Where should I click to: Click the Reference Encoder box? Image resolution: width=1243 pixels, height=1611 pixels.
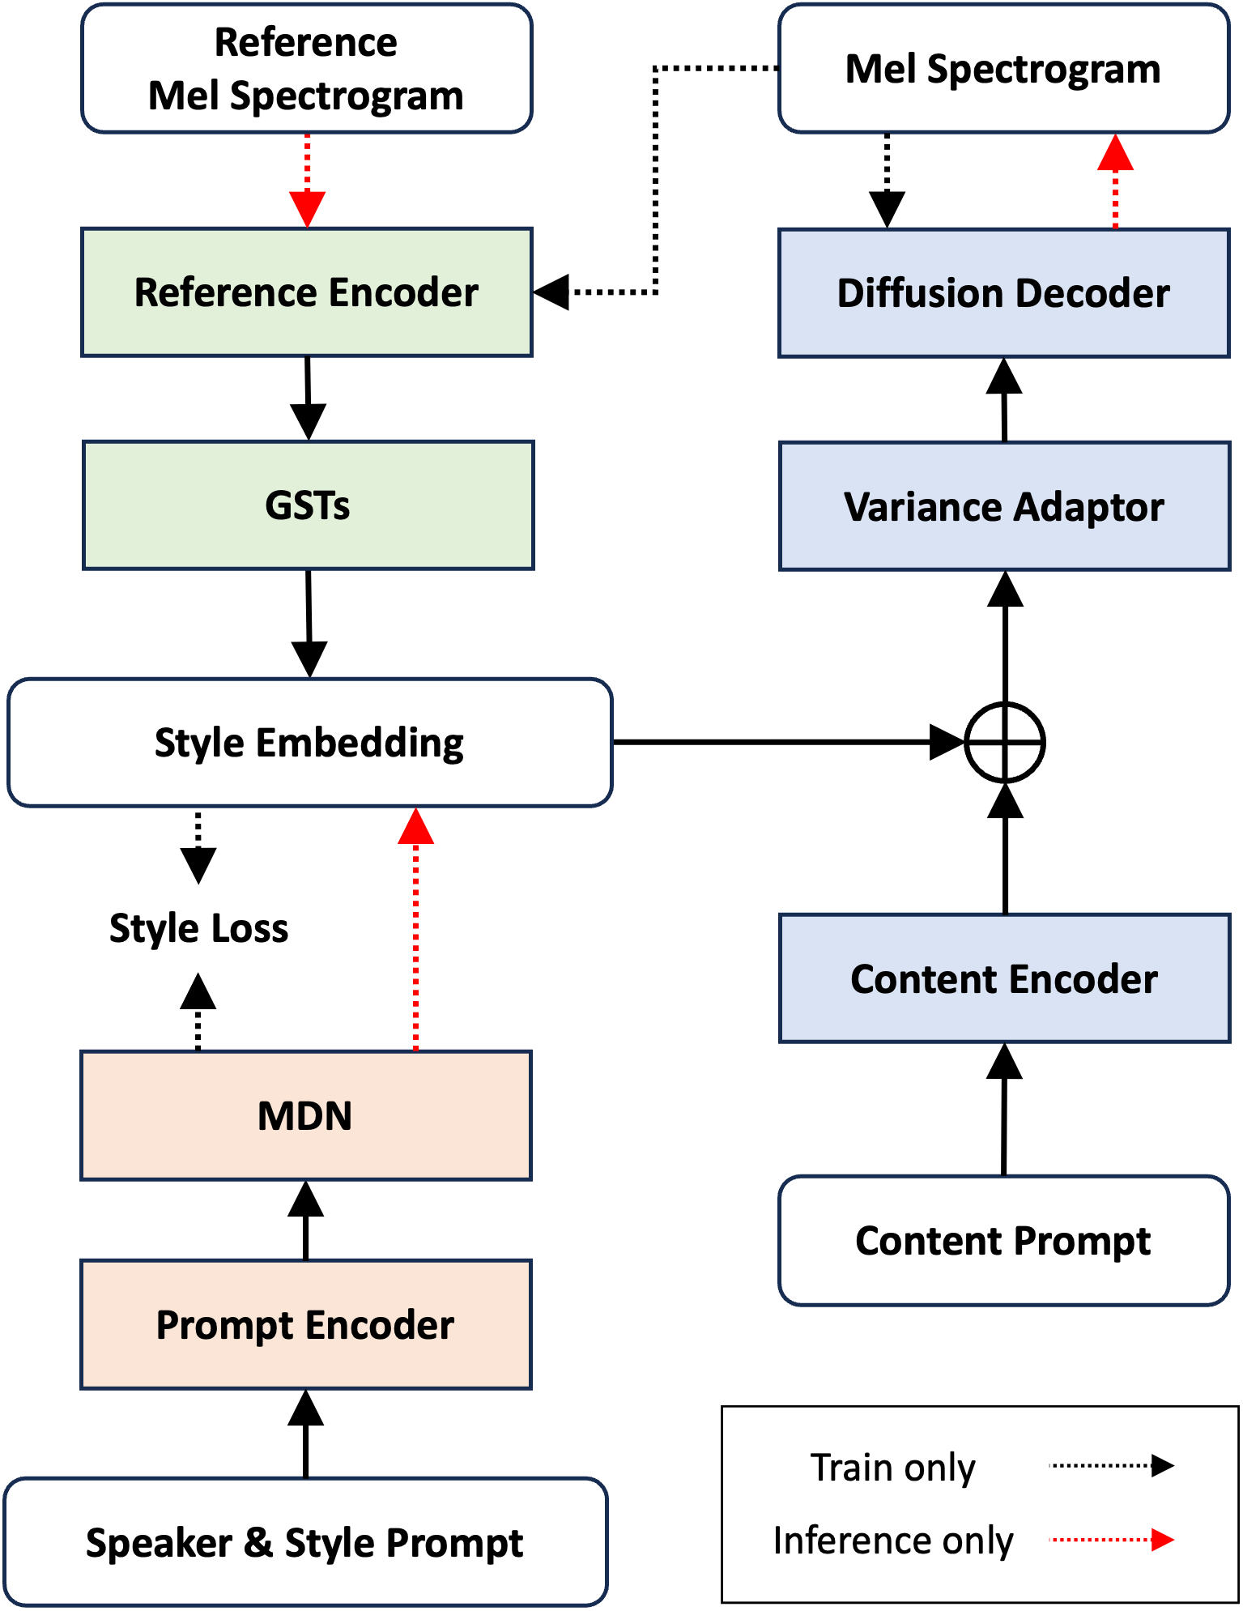coord(307,292)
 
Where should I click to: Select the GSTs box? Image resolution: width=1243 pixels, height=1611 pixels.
coord(308,505)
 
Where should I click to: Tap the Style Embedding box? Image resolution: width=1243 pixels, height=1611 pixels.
coord(309,743)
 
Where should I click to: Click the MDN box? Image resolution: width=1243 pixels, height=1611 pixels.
coord(305,1115)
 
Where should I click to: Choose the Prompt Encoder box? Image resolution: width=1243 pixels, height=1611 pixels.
coord(305,1324)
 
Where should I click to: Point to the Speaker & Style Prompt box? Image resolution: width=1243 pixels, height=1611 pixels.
coord(305,1541)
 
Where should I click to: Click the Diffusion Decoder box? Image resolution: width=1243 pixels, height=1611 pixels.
coord(1003,293)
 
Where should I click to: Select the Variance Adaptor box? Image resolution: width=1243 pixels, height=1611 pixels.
coord(1004,507)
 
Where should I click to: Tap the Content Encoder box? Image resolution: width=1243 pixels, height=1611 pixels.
coord(1004,978)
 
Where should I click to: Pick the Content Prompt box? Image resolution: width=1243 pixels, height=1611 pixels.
coord(1003,1240)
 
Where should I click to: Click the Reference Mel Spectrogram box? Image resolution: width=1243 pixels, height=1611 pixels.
coord(306,69)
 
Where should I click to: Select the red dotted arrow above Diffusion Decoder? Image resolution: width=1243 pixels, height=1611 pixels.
coord(1115,181)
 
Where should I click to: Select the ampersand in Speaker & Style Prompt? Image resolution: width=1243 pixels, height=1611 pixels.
coord(258,1541)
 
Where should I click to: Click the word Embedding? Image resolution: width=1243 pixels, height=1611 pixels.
coord(360,743)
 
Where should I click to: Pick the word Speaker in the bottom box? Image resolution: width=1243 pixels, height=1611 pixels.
coord(160,1541)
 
